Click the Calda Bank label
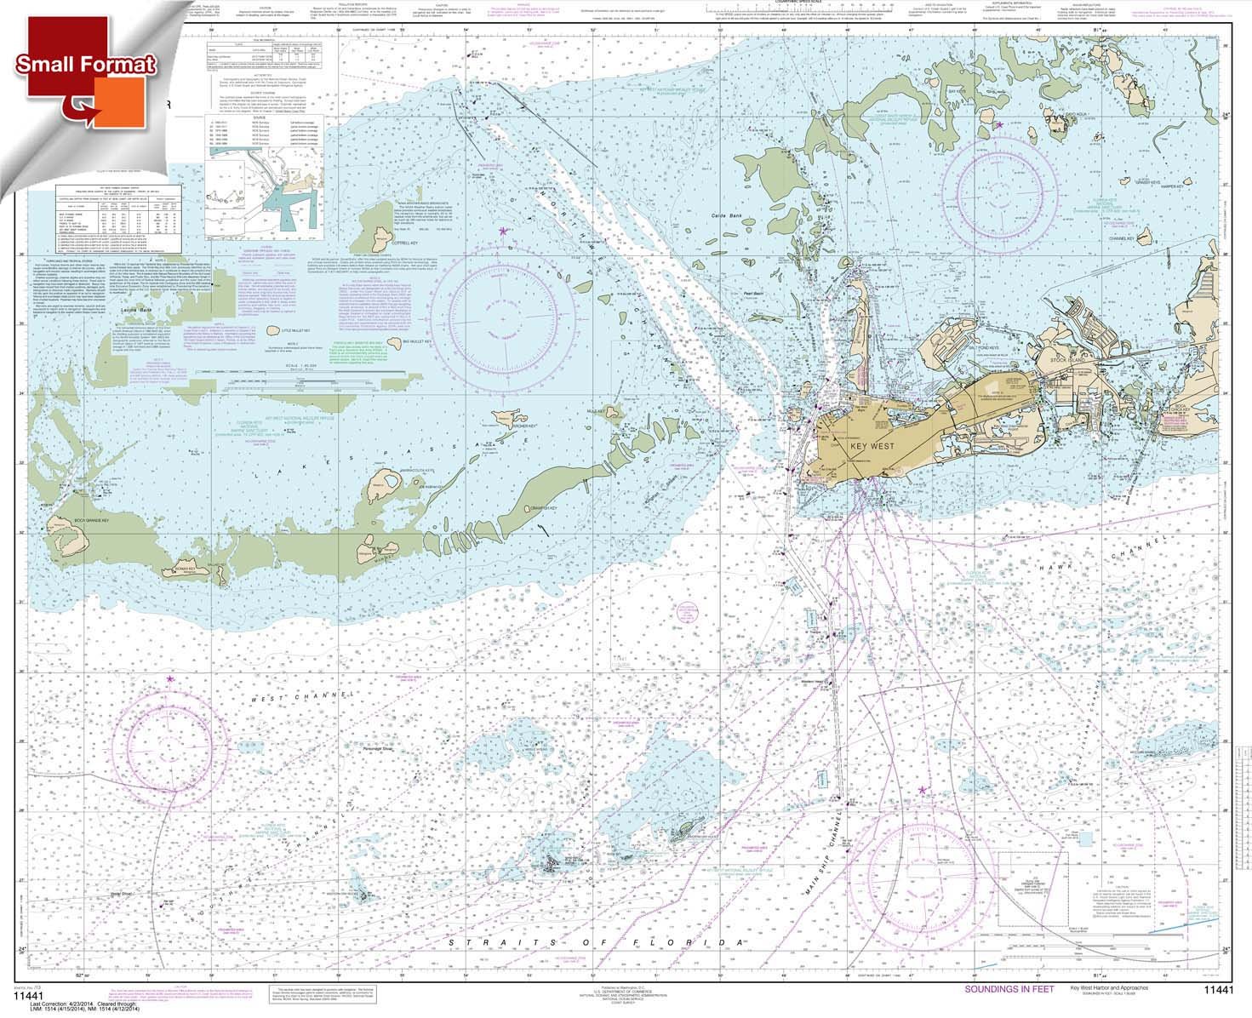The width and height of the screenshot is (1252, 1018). coord(722,217)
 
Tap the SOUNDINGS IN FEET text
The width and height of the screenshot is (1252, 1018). coord(1009,990)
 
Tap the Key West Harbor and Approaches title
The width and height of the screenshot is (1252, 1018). coord(1109,989)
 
